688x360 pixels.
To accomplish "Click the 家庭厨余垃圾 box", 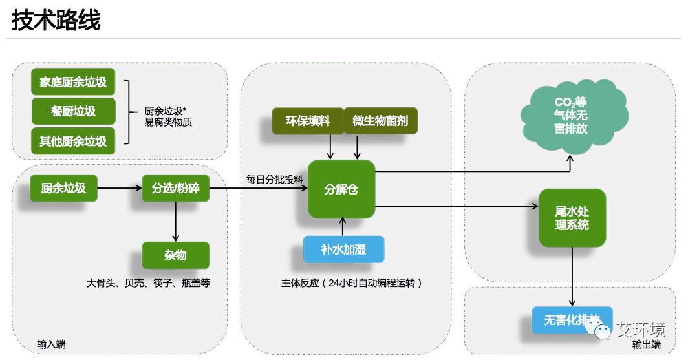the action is point(73,81).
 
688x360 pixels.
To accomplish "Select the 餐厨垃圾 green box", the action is point(73,111).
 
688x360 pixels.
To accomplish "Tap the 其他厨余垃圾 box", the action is point(73,141).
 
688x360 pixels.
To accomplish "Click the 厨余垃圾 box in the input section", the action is point(63,188).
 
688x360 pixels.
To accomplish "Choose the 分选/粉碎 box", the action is point(175,188).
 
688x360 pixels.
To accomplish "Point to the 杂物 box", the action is point(175,255).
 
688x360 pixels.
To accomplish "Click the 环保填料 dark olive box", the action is point(308,121).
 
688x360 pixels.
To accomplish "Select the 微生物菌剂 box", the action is point(380,121).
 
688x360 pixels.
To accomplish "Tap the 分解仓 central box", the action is point(341,189).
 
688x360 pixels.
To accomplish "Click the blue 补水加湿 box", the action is point(343,249).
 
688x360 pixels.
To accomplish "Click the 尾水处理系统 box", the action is point(572,218).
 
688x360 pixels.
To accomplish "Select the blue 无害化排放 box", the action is point(572,320).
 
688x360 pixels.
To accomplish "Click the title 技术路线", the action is point(56,20).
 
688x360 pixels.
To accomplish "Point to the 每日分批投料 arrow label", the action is point(274,179).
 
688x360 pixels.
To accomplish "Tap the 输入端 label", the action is point(51,344).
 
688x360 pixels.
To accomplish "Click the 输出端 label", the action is point(647,344).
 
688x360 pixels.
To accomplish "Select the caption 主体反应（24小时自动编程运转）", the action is point(352,283).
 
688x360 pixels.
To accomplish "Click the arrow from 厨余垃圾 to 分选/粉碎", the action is point(120,188).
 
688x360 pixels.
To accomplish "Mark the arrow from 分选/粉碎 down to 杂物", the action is point(175,222).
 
